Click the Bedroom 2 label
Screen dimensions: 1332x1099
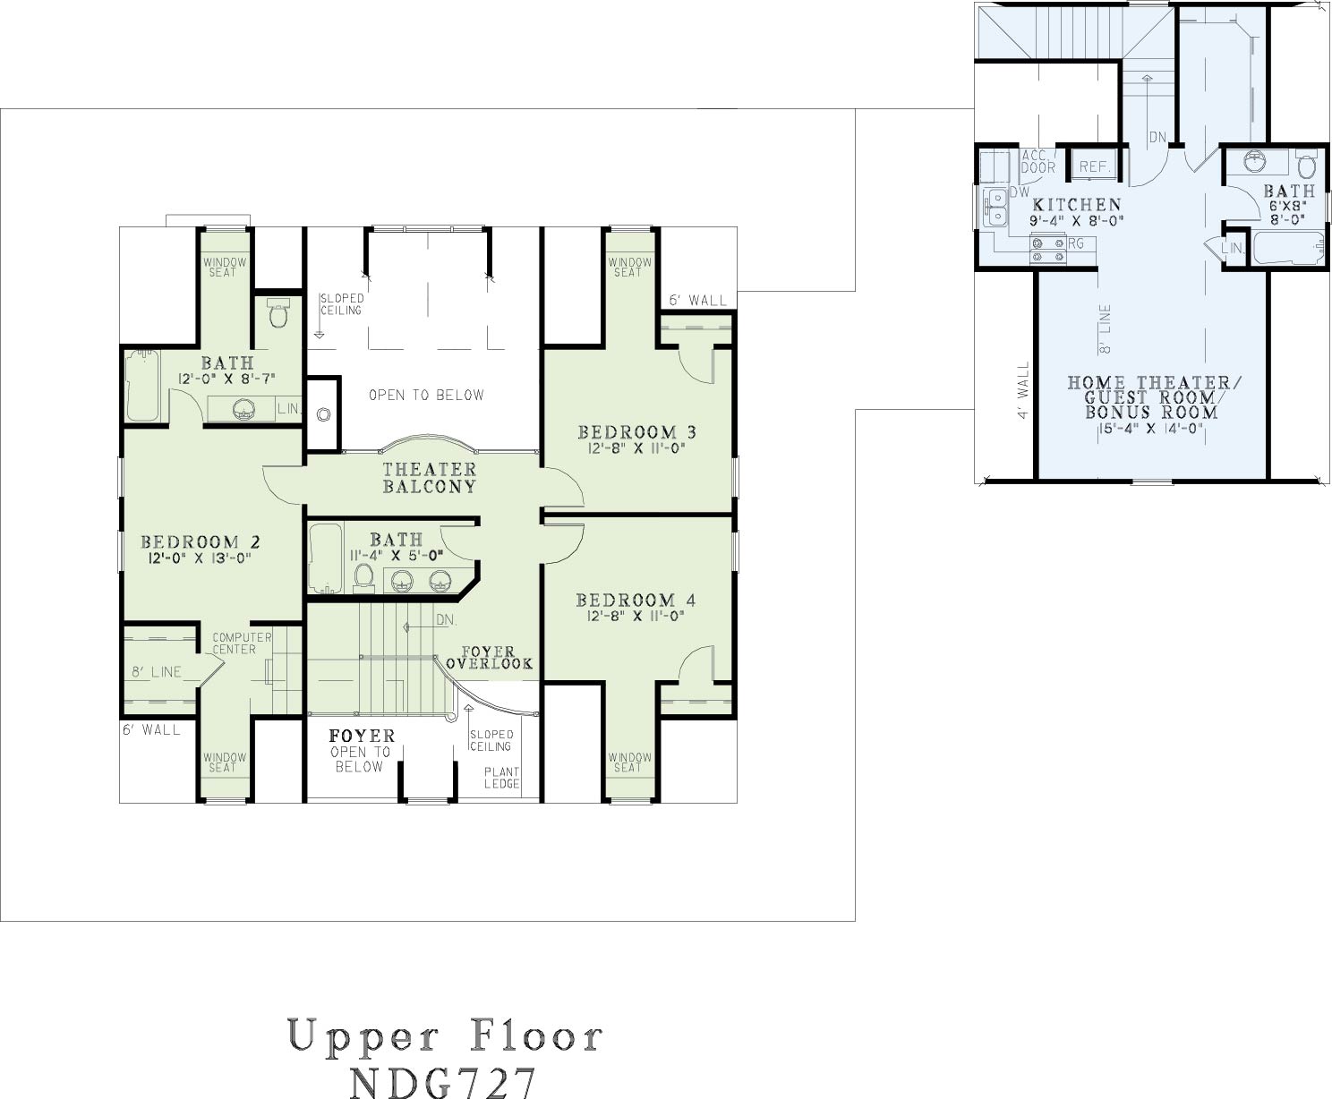(201, 542)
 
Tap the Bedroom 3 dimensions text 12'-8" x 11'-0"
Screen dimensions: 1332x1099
(636, 448)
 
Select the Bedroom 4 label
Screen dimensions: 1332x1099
(636, 601)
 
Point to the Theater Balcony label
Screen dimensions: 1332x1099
(430, 478)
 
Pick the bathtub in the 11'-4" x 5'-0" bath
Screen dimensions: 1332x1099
(325, 558)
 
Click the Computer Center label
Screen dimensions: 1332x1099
(242, 643)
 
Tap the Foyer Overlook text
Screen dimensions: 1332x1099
(490, 658)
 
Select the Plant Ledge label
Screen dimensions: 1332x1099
(501, 778)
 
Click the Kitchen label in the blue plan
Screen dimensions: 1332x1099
(1077, 205)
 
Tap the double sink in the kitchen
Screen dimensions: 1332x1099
(994, 208)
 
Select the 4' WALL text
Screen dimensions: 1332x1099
(1024, 389)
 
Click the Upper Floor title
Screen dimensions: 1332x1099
(445, 1035)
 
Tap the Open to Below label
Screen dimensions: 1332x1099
(426, 396)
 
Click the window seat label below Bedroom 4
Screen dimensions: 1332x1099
(629, 762)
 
